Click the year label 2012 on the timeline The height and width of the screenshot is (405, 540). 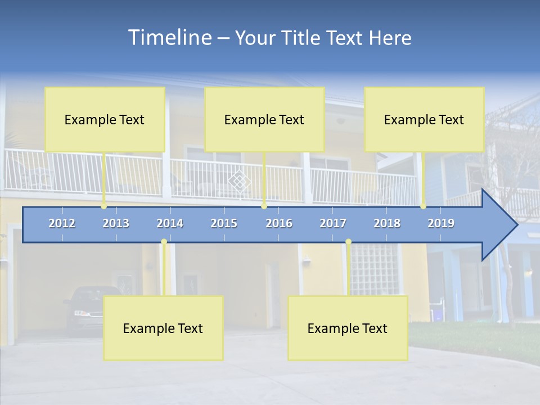(62, 223)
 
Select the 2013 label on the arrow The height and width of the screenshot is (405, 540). (116, 223)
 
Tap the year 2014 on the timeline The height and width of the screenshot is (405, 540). (170, 223)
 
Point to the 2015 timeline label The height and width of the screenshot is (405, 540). (224, 223)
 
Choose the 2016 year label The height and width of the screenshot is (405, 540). (279, 223)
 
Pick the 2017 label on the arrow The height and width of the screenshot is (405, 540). (333, 223)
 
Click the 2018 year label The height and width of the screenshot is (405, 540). (387, 223)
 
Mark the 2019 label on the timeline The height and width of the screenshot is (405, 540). (441, 223)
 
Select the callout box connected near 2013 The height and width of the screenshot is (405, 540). (105, 119)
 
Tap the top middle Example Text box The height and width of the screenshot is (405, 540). (264, 119)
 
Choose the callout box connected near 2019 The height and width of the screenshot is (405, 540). (424, 119)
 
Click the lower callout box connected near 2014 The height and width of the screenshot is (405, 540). (163, 328)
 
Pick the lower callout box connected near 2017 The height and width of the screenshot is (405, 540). (348, 328)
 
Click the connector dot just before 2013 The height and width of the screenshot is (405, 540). (104, 206)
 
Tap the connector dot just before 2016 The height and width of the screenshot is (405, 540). (264, 206)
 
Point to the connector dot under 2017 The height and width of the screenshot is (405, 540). (348, 242)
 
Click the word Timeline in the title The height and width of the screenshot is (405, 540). (169, 38)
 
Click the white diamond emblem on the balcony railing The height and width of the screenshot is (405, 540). (240, 181)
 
